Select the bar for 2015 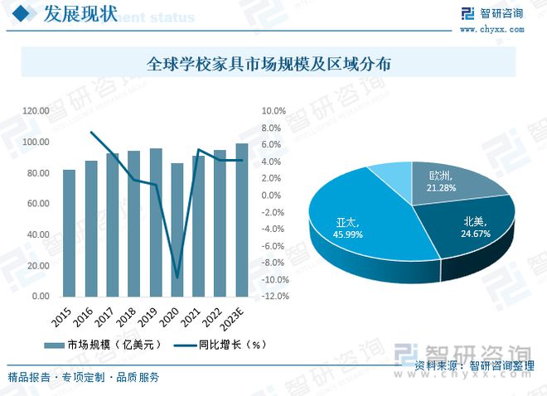click(x=70, y=233)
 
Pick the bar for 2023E click(x=241, y=220)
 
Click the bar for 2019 click(x=155, y=222)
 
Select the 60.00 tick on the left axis click(x=38, y=204)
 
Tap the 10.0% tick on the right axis click(x=273, y=111)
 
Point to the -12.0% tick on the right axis click(x=275, y=296)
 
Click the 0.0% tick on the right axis click(x=275, y=196)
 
